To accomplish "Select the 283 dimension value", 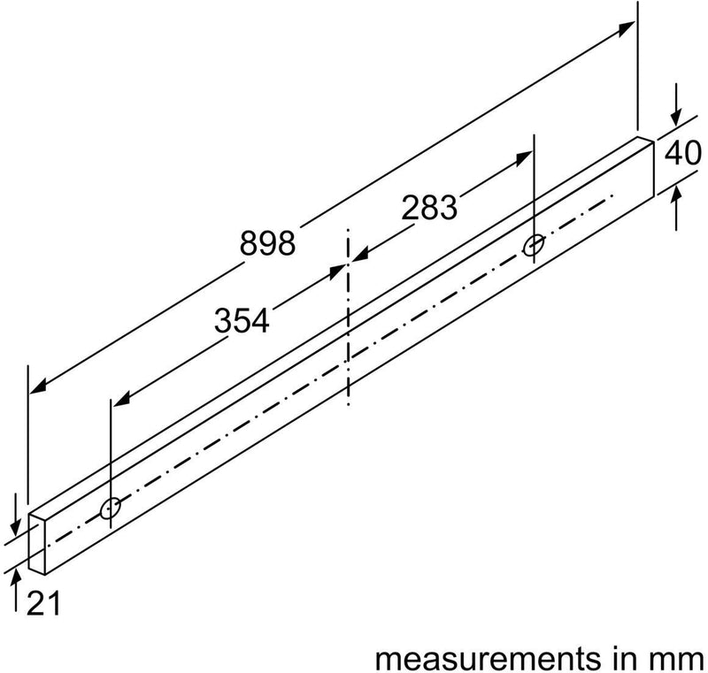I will (429, 208).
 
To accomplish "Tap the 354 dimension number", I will (241, 321).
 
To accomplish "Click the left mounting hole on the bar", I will (111, 508).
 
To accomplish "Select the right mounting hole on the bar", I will (534, 245).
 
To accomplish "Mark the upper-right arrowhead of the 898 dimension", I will (627, 26).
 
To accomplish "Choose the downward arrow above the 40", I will (677, 119).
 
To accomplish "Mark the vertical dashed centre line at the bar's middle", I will (349, 318).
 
